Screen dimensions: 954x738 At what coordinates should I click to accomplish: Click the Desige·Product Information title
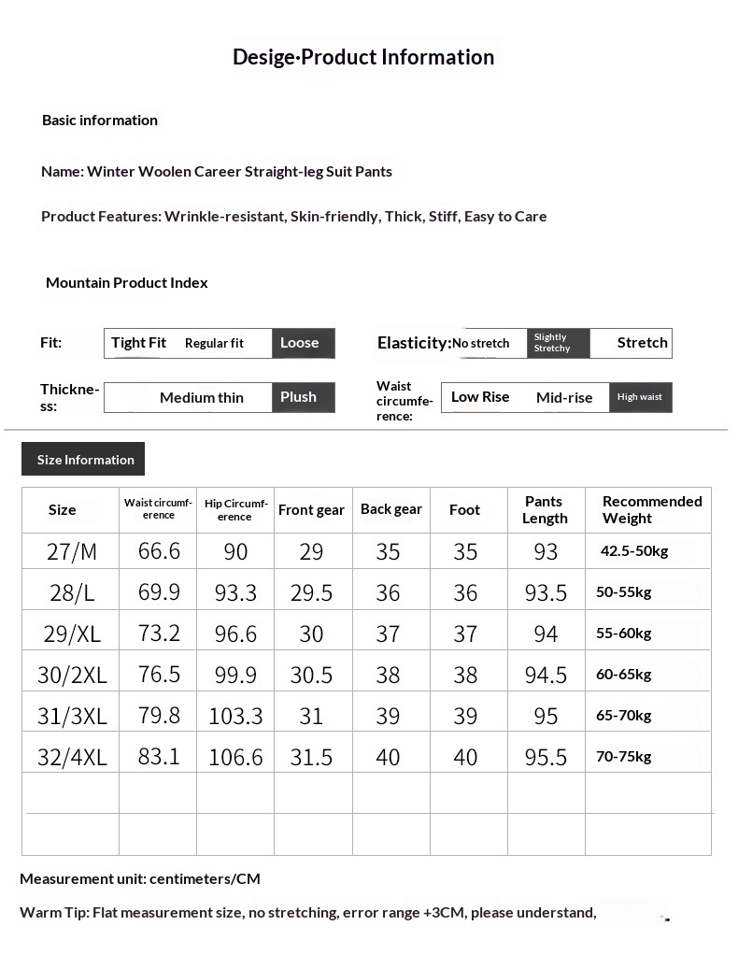point(363,57)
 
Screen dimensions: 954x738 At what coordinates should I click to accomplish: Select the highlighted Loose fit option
point(301,343)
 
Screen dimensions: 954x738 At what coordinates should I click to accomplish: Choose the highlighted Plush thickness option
point(300,397)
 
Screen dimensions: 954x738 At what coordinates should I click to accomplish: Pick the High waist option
point(640,397)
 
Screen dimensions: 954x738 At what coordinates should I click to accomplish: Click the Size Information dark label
point(84,460)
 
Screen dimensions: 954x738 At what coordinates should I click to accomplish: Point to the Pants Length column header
point(545,510)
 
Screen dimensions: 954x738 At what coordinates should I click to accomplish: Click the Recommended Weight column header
point(651,510)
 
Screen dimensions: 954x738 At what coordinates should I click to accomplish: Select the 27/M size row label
point(72,552)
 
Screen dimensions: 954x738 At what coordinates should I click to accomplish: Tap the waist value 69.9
point(159,592)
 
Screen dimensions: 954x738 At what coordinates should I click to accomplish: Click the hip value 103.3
point(235,717)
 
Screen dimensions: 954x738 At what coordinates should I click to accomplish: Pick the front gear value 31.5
point(311,758)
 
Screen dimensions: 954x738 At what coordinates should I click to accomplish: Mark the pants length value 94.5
point(546,675)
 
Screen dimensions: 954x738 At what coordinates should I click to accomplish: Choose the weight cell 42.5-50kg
point(634,551)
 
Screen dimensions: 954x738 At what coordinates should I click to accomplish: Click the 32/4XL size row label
point(72,758)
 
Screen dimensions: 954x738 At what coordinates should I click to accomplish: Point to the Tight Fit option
point(138,343)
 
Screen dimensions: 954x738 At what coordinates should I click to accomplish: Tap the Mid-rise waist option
point(564,398)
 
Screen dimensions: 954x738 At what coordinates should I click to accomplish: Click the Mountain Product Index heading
point(127,283)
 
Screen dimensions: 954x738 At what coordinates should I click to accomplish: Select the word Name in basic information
point(62,172)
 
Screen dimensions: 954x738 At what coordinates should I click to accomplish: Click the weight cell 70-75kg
point(624,757)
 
